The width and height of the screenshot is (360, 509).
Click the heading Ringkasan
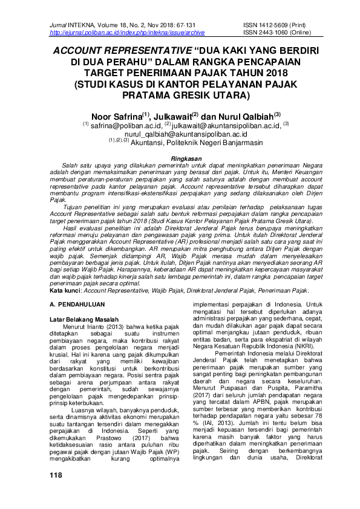coord(180,158)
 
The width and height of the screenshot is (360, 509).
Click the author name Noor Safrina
coord(114,115)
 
